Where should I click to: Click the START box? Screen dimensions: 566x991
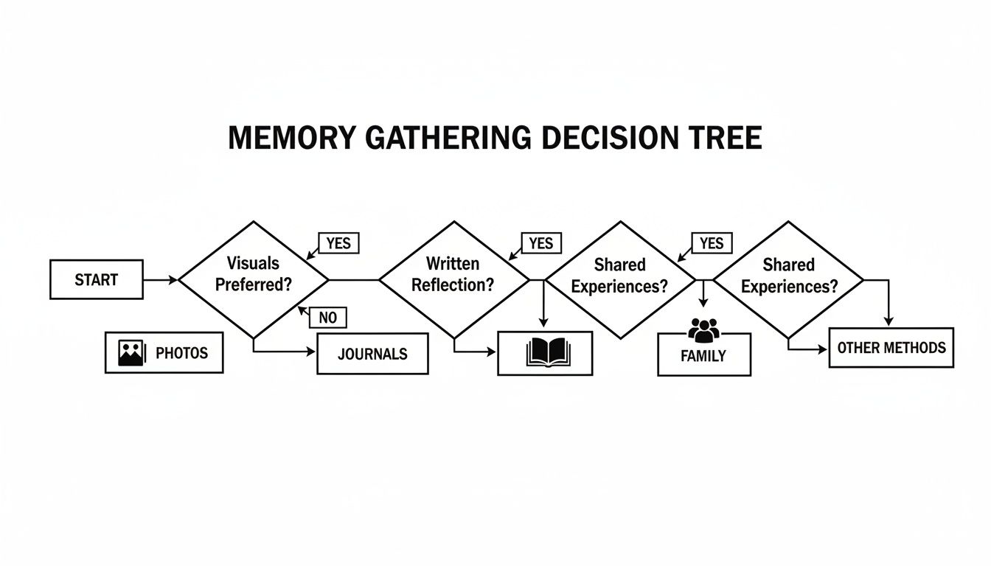(x=97, y=279)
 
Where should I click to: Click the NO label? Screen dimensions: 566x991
(x=327, y=318)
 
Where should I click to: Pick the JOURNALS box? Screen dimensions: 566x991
(x=372, y=354)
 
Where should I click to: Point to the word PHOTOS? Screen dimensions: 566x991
(x=181, y=353)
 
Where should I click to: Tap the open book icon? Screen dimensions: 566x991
(x=545, y=353)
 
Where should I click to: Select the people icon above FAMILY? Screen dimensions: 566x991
(x=703, y=329)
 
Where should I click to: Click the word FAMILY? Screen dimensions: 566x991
(x=703, y=356)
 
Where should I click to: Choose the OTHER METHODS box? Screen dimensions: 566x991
(x=891, y=348)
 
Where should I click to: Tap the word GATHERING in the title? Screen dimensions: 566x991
(x=445, y=139)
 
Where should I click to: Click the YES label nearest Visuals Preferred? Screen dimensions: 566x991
(x=338, y=242)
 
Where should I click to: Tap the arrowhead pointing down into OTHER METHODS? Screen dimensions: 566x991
(x=889, y=321)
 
